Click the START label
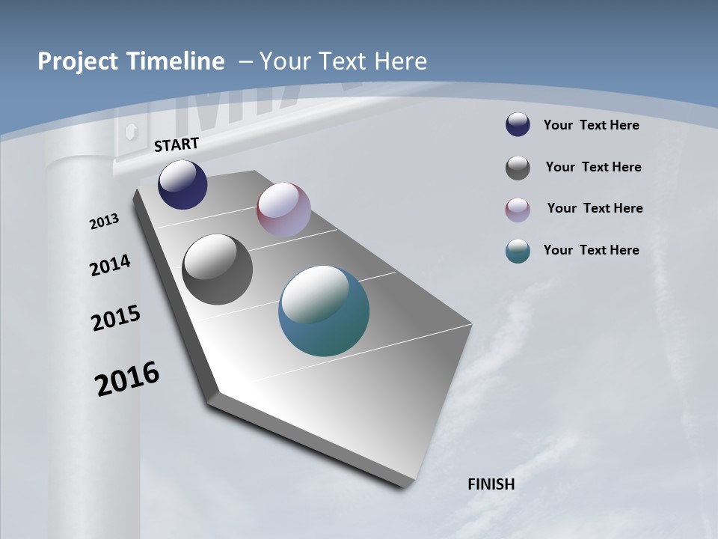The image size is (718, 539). click(177, 144)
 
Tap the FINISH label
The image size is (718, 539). click(491, 484)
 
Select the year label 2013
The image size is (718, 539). click(105, 221)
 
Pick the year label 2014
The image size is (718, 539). click(111, 265)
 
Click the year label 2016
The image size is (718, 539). click(127, 378)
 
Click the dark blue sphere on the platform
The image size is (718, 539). click(182, 184)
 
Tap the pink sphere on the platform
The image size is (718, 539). click(283, 210)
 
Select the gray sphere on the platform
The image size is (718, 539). click(217, 269)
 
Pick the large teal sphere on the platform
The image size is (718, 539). click(324, 311)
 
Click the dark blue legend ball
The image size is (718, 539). click(518, 124)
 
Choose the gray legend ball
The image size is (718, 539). click(518, 168)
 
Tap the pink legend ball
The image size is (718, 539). click(518, 210)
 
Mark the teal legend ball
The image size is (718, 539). click(518, 251)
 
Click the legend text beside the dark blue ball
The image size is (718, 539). click(591, 125)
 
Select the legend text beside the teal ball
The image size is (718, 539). click(591, 250)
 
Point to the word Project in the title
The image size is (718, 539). click(76, 61)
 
